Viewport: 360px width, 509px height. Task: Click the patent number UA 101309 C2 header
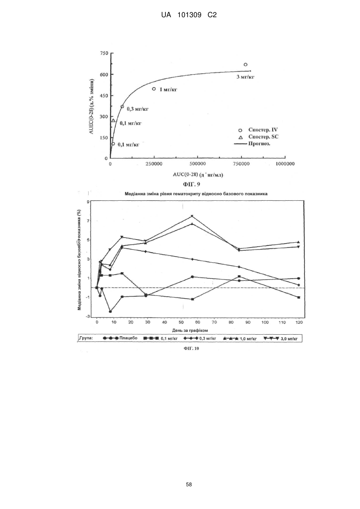coord(189,15)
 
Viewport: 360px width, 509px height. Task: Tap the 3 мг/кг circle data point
coord(245,64)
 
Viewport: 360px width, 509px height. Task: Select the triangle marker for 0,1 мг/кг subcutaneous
coord(113,120)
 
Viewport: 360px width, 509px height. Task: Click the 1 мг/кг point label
coord(168,90)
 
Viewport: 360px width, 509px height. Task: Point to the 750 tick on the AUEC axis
coord(104,53)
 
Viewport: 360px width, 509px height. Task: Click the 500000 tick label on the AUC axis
coord(198,164)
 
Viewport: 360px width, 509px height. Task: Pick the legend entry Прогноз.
coord(253,144)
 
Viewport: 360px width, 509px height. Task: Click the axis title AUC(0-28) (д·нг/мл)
coord(198,175)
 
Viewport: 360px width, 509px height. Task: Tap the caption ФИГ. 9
coord(191,184)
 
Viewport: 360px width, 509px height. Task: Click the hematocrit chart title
coord(196,194)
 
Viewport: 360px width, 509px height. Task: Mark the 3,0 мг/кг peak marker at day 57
coord(192,216)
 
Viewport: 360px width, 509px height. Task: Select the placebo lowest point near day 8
coord(110,311)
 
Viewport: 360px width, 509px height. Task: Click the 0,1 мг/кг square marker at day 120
coord(299,297)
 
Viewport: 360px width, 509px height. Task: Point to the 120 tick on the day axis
coord(299,322)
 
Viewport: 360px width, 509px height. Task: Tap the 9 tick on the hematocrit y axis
coord(88,202)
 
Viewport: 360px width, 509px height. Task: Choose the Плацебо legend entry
coord(120,338)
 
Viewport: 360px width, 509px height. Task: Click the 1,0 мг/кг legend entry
coord(240,339)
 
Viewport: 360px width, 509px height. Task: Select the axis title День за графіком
coord(190,330)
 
